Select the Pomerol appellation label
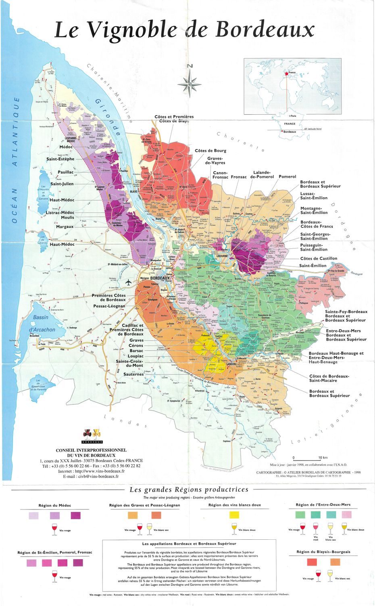(x=287, y=177)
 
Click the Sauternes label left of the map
(x=133, y=374)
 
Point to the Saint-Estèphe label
(x=60, y=159)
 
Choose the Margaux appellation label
(x=65, y=227)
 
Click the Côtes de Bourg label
(x=210, y=151)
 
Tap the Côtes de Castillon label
(x=319, y=259)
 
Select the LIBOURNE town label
(x=222, y=256)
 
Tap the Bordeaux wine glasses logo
(x=92, y=435)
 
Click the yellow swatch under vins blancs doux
(x=234, y=515)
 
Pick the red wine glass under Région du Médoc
(x=54, y=529)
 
